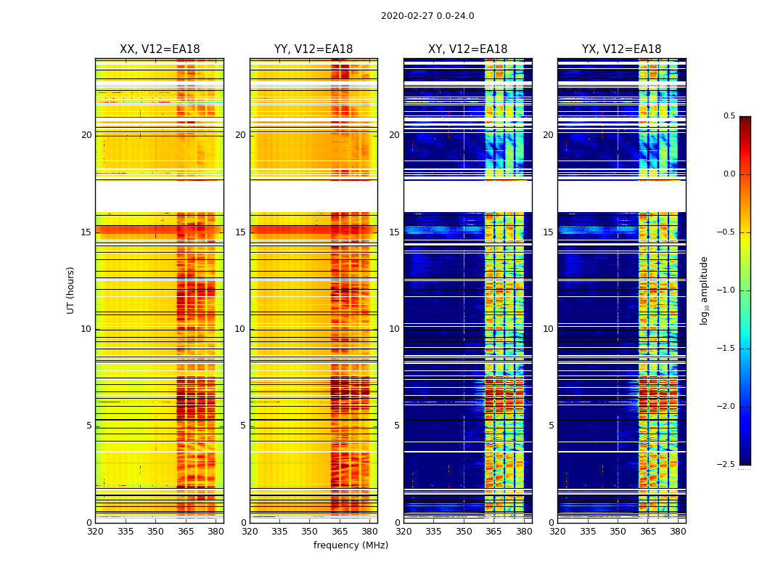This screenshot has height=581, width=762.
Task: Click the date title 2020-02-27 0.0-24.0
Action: pyautogui.click(x=427, y=16)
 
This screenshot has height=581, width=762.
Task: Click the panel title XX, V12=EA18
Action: pyautogui.click(x=160, y=49)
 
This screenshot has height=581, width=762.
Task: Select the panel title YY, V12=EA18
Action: pyautogui.click(x=314, y=49)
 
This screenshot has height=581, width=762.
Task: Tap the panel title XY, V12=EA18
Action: pyautogui.click(x=467, y=49)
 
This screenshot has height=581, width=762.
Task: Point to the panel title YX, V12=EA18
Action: pyautogui.click(x=621, y=49)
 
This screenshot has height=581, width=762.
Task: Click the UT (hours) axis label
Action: pyautogui.click(x=71, y=290)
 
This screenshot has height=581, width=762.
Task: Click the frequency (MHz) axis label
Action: pyautogui.click(x=351, y=545)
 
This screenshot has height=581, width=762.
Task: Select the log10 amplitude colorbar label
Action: pyautogui.click(x=704, y=290)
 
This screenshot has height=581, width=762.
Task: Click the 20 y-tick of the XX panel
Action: pyautogui.click(x=86, y=135)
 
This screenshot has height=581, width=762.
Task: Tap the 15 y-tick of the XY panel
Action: pyautogui.click(x=394, y=232)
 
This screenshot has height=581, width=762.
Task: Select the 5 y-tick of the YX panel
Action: pyautogui.click(x=551, y=426)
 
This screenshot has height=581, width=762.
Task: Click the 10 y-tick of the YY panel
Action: pyautogui.click(x=240, y=329)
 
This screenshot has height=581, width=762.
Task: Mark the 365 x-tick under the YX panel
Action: pyautogui.click(x=648, y=532)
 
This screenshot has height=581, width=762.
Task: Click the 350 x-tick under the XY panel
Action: pyautogui.click(x=464, y=532)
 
